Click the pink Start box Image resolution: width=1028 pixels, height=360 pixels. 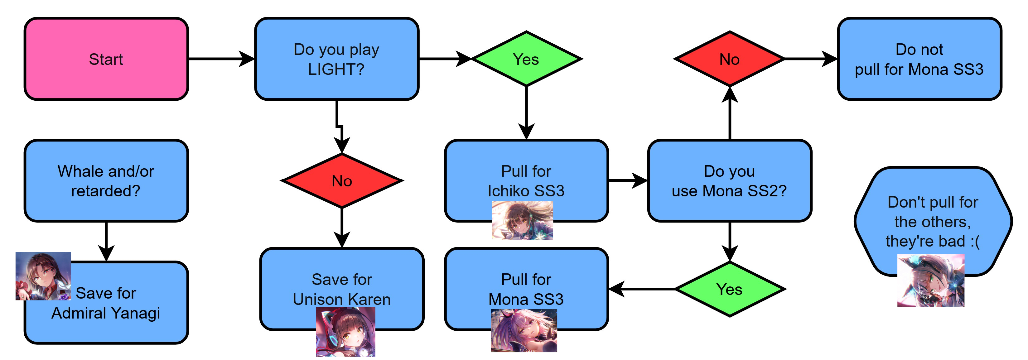[x=106, y=59]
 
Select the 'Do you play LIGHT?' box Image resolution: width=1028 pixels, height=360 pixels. [x=336, y=59]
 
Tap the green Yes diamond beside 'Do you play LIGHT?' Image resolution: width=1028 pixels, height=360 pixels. [x=526, y=59]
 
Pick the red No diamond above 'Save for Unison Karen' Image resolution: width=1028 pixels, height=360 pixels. [x=342, y=181]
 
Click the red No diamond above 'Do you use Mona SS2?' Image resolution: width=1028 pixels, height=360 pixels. [x=729, y=59]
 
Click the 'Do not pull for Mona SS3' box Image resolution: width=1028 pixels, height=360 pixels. [x=919, y=59]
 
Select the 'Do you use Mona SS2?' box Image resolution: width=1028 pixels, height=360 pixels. [x=729, y=181]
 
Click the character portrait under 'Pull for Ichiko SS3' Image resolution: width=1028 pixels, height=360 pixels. [x=522, y=220]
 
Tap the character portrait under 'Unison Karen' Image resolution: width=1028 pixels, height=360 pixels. [x=345, y=332]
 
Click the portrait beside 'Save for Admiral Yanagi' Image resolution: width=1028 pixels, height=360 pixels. [x=43, y=276]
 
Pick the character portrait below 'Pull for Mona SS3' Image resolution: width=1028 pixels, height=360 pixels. [x=524, y=330]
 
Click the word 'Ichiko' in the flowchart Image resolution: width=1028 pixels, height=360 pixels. [x=509, y=191]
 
